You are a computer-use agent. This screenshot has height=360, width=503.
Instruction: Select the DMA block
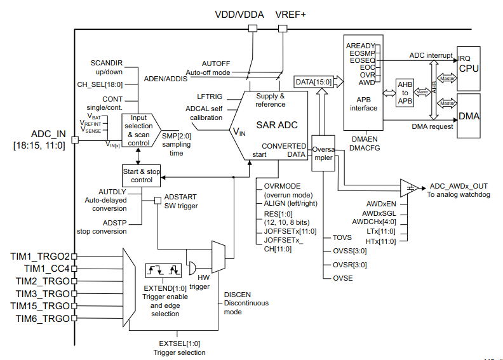pyautogui.click(x=469, y=116)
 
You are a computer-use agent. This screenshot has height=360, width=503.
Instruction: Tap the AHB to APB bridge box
pyautogui.click(x=405, y=92)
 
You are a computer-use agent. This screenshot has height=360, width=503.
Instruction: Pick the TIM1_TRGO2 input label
pyautogui.click(x=39, y=256)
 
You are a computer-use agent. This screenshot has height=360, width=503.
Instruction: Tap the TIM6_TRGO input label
pyautogui.click(x=42, y=317)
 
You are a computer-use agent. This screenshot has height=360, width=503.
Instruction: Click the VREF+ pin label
pyautogui.click(x=290, y=14)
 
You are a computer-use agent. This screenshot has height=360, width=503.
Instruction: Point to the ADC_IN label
pyautogui.click(x=49, y=134)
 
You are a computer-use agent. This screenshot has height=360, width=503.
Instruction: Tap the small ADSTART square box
pyautogui.click(x=158, y=201)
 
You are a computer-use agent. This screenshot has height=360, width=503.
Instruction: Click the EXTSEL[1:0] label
pyautogui.click(x=179, y=343)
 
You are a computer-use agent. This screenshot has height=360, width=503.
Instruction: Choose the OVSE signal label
pyautogui.click(x=343, y=278)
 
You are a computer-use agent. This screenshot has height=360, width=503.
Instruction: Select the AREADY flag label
pyautogui.click(x=360, y=46)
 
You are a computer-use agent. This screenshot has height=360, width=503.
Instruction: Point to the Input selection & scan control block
pyautogui.click(x=138, y=131)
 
